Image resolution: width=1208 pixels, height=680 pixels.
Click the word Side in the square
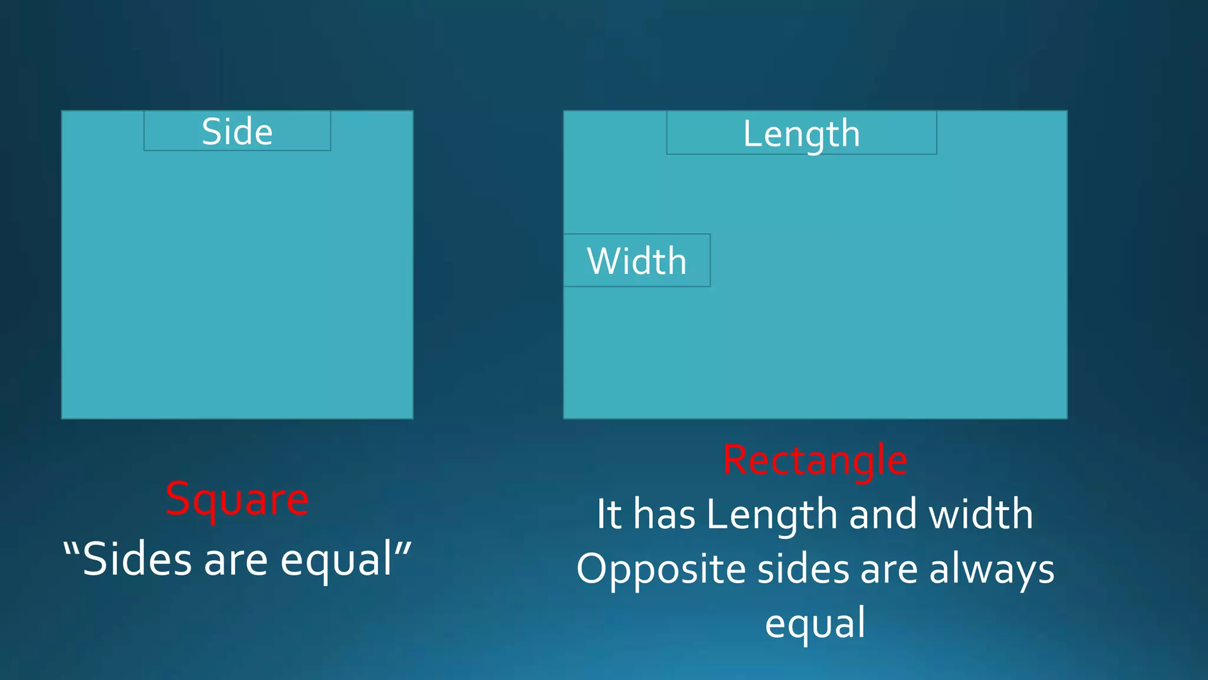click(237, 131)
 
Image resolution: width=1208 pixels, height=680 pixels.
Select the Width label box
click(636, 260)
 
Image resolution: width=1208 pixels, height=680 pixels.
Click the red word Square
click(237, 499)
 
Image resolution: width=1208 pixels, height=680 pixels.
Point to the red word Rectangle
click(815, 460)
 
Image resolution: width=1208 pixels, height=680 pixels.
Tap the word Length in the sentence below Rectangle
click(772, 515)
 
